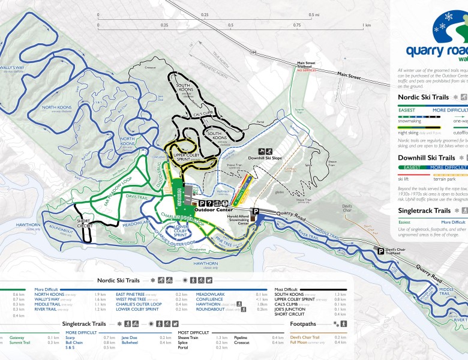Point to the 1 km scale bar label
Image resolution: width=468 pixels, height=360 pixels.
(366, 26)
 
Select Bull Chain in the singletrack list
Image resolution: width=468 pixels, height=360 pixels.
(74, 343)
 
